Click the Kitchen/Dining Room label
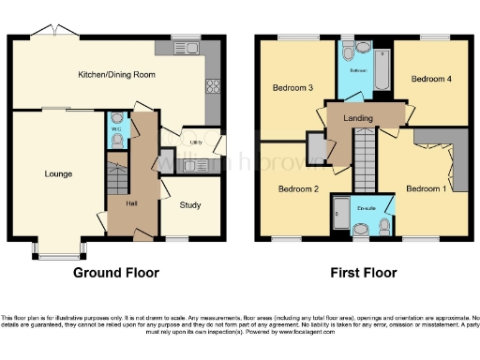click(x=116, y=74)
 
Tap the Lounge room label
click(x=58, y=173)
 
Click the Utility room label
click(x=196, y=142)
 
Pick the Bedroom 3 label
click(x=292, y=88)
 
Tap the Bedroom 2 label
click(x=297, y=188)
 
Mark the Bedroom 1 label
click(x=426, y=188)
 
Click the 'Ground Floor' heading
click(x=116, y=274)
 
